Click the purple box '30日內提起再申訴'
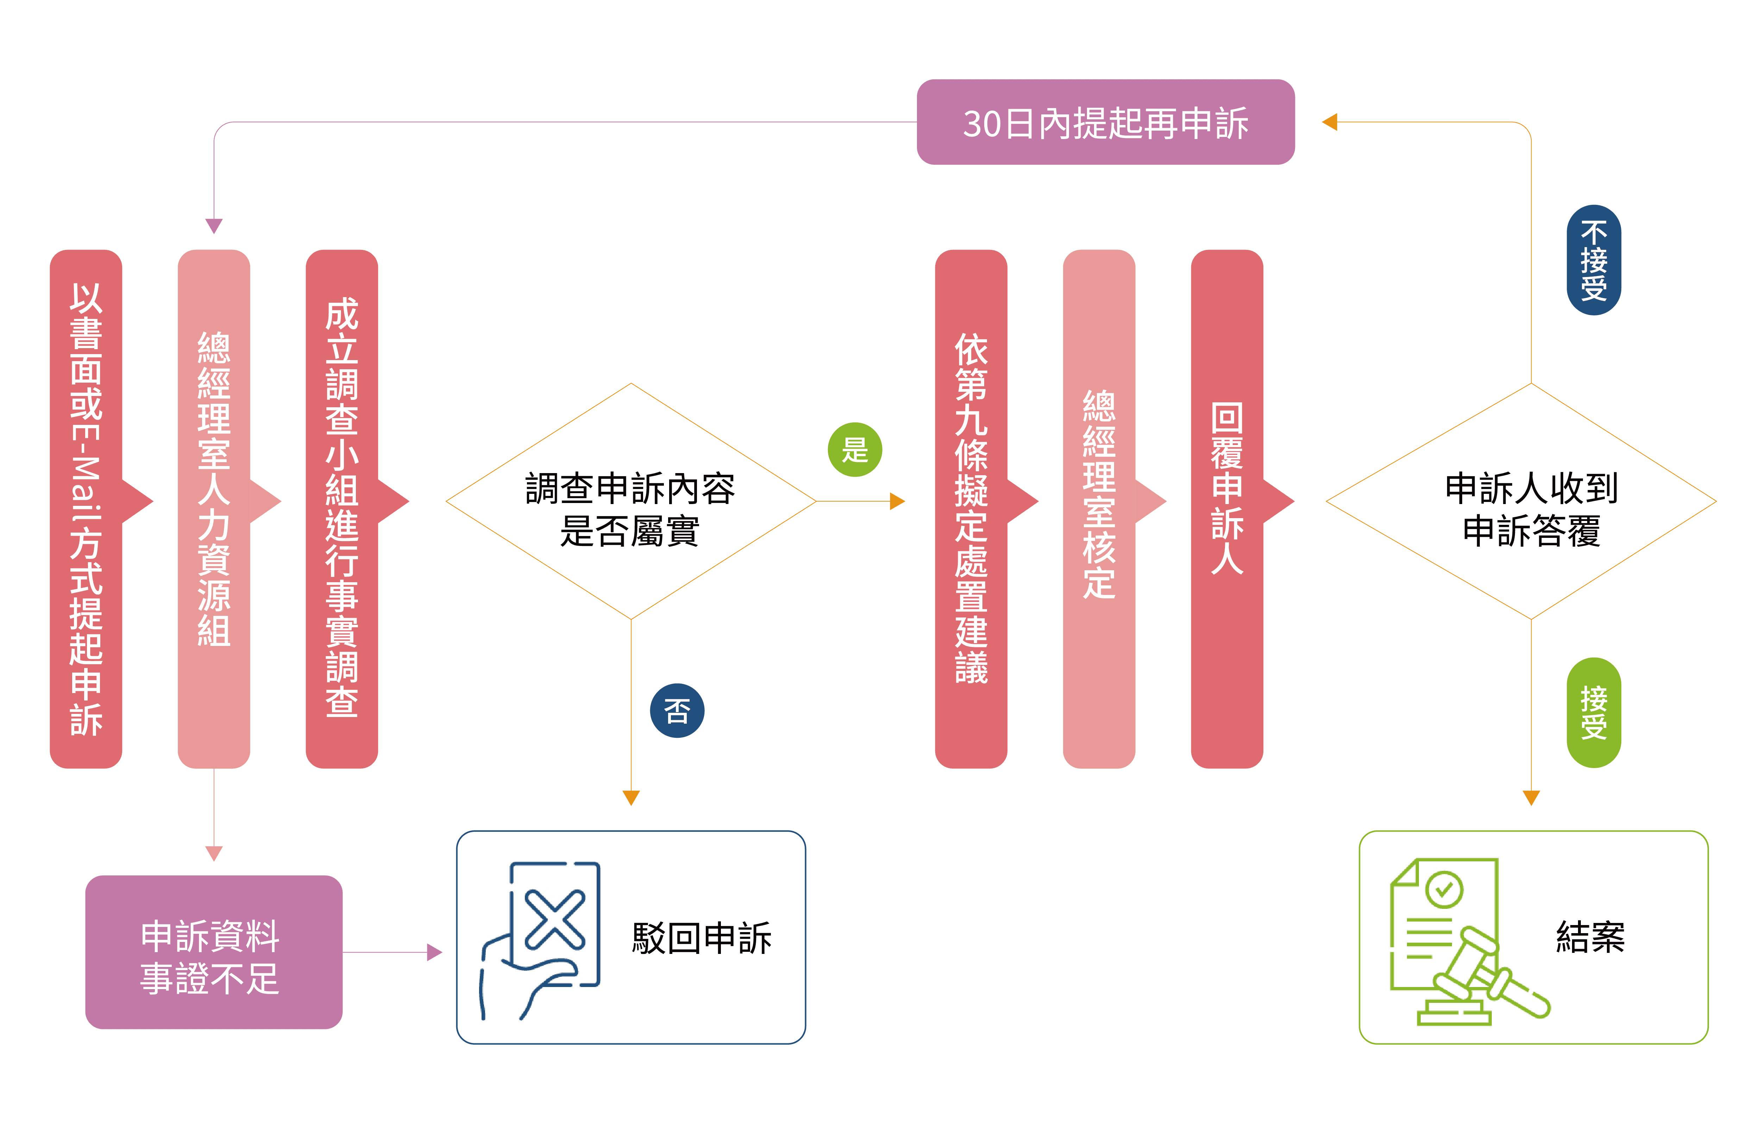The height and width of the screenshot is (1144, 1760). tap(1106, 122)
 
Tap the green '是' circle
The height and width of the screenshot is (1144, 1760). tap(855, 450)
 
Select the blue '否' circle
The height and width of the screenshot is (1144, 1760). tap(677, 711)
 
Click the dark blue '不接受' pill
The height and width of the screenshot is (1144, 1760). tap(1594, 260)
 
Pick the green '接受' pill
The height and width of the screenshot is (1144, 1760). tap(1594, 712)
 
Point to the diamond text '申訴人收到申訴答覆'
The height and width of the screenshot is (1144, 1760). tap(1531, 509)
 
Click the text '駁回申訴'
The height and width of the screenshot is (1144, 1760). tap(701, 938)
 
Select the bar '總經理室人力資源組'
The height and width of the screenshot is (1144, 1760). tap(214, 509)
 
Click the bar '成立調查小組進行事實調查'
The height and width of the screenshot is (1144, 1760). tap(342, 509)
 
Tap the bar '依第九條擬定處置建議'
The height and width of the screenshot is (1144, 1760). tap(971, 509)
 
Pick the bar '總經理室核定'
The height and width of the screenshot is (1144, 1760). tap(1099, 509)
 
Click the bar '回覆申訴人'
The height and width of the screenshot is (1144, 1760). tap(1227, 509)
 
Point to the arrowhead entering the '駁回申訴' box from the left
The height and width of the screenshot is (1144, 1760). tap(435, 953)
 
